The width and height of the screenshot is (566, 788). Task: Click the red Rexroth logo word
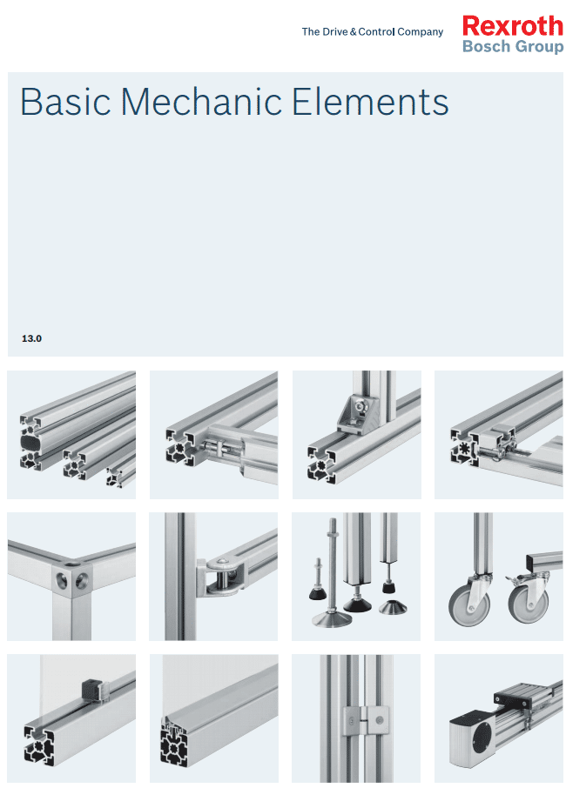pos(512,26)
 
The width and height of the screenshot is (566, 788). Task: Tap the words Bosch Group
pos(513,46)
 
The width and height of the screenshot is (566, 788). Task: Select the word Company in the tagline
pos(420,32)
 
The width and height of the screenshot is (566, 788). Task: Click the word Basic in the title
pos(65,102)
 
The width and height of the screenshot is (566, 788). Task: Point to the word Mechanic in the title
pos(201,102)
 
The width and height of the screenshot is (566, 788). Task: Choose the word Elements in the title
pos(370,102)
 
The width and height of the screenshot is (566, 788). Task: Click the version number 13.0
pos(31,338)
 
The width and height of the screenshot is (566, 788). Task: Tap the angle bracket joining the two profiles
pos(356,414)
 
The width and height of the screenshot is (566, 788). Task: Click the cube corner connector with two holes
pos(72,579)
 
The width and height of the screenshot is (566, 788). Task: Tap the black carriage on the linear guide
pos(513,697)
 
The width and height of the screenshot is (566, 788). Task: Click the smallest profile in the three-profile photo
pos(121,475)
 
